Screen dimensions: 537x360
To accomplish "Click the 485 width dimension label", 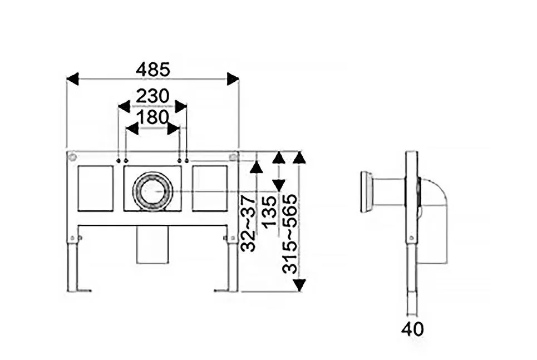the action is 152,70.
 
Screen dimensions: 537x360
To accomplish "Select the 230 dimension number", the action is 152,96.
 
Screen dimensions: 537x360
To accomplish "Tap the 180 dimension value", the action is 152,117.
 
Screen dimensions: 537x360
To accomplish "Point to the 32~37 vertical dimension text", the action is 249,223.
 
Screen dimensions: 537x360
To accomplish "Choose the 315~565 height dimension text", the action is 290,234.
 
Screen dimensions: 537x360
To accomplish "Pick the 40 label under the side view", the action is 413,329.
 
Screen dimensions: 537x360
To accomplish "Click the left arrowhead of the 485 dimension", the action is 72,79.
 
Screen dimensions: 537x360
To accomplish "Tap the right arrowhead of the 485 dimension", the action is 233,79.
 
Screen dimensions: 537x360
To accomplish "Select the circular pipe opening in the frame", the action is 152,190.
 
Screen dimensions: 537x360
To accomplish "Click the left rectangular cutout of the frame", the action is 96,189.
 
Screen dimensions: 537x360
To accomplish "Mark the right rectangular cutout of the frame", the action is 210,189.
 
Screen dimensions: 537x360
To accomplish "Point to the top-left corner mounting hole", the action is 72,157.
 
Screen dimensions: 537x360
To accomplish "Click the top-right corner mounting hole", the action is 233,157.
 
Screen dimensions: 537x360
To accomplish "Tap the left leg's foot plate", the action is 84,291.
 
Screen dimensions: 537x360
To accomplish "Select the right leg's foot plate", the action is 221,291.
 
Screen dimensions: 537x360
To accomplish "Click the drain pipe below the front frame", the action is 152,245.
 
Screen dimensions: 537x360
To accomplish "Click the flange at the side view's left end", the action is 366,192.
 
